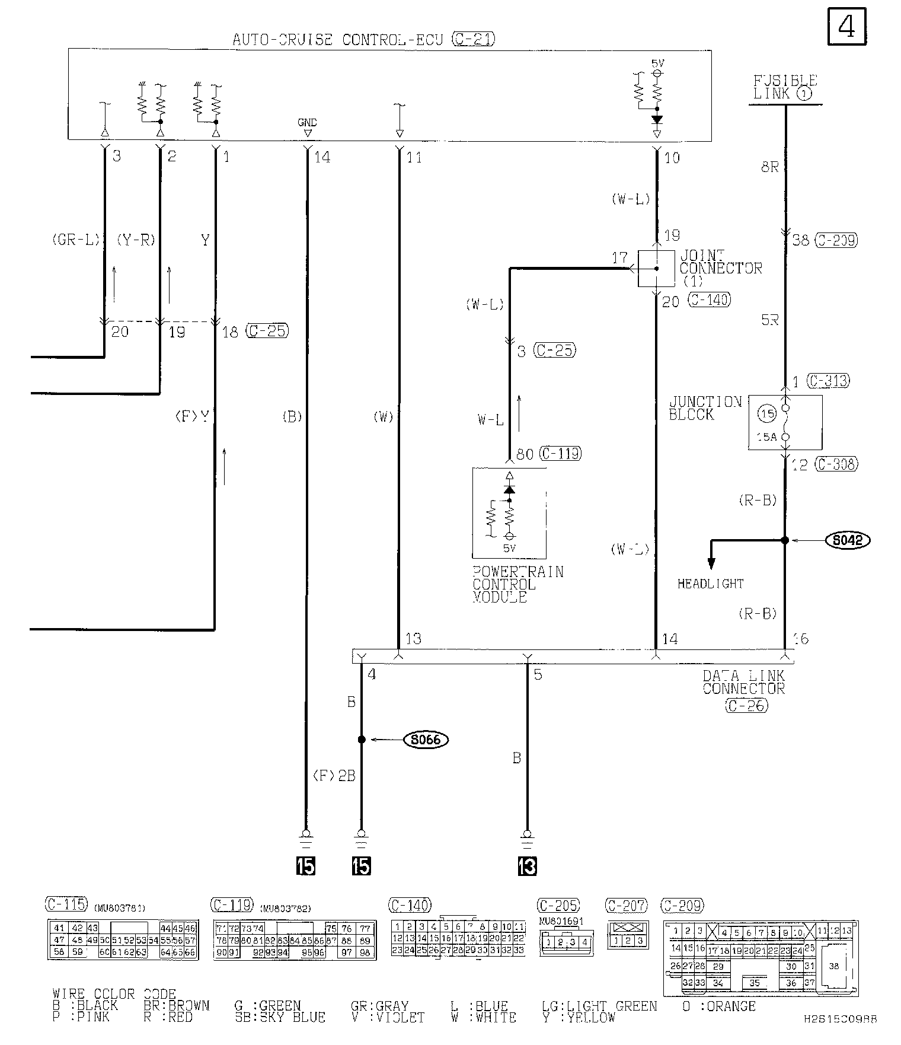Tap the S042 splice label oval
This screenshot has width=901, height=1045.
(x=848, y=540)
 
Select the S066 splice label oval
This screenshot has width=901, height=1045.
(x=426, y=740)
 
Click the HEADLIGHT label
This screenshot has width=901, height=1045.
(x=710, y=584)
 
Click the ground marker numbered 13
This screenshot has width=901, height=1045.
(x=526, y=866)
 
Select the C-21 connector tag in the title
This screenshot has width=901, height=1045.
(x=473, y=40)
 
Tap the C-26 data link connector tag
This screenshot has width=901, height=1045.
(x=746, y=705)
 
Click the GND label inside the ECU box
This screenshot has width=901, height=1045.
(x=307, y=123)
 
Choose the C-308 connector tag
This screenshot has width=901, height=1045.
(x=836, y=464)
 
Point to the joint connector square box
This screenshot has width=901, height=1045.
(x=656, y=269)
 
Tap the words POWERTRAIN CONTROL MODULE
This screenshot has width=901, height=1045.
(x=517, y=585)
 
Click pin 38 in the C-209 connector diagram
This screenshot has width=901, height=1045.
(x=834, y=966)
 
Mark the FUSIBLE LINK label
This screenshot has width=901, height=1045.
(x=785, y=87)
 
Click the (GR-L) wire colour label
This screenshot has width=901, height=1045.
(x=75, y=240)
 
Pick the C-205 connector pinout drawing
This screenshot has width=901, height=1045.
(x=566, y=942)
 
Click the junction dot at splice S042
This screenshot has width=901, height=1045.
(x=785, y=540)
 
